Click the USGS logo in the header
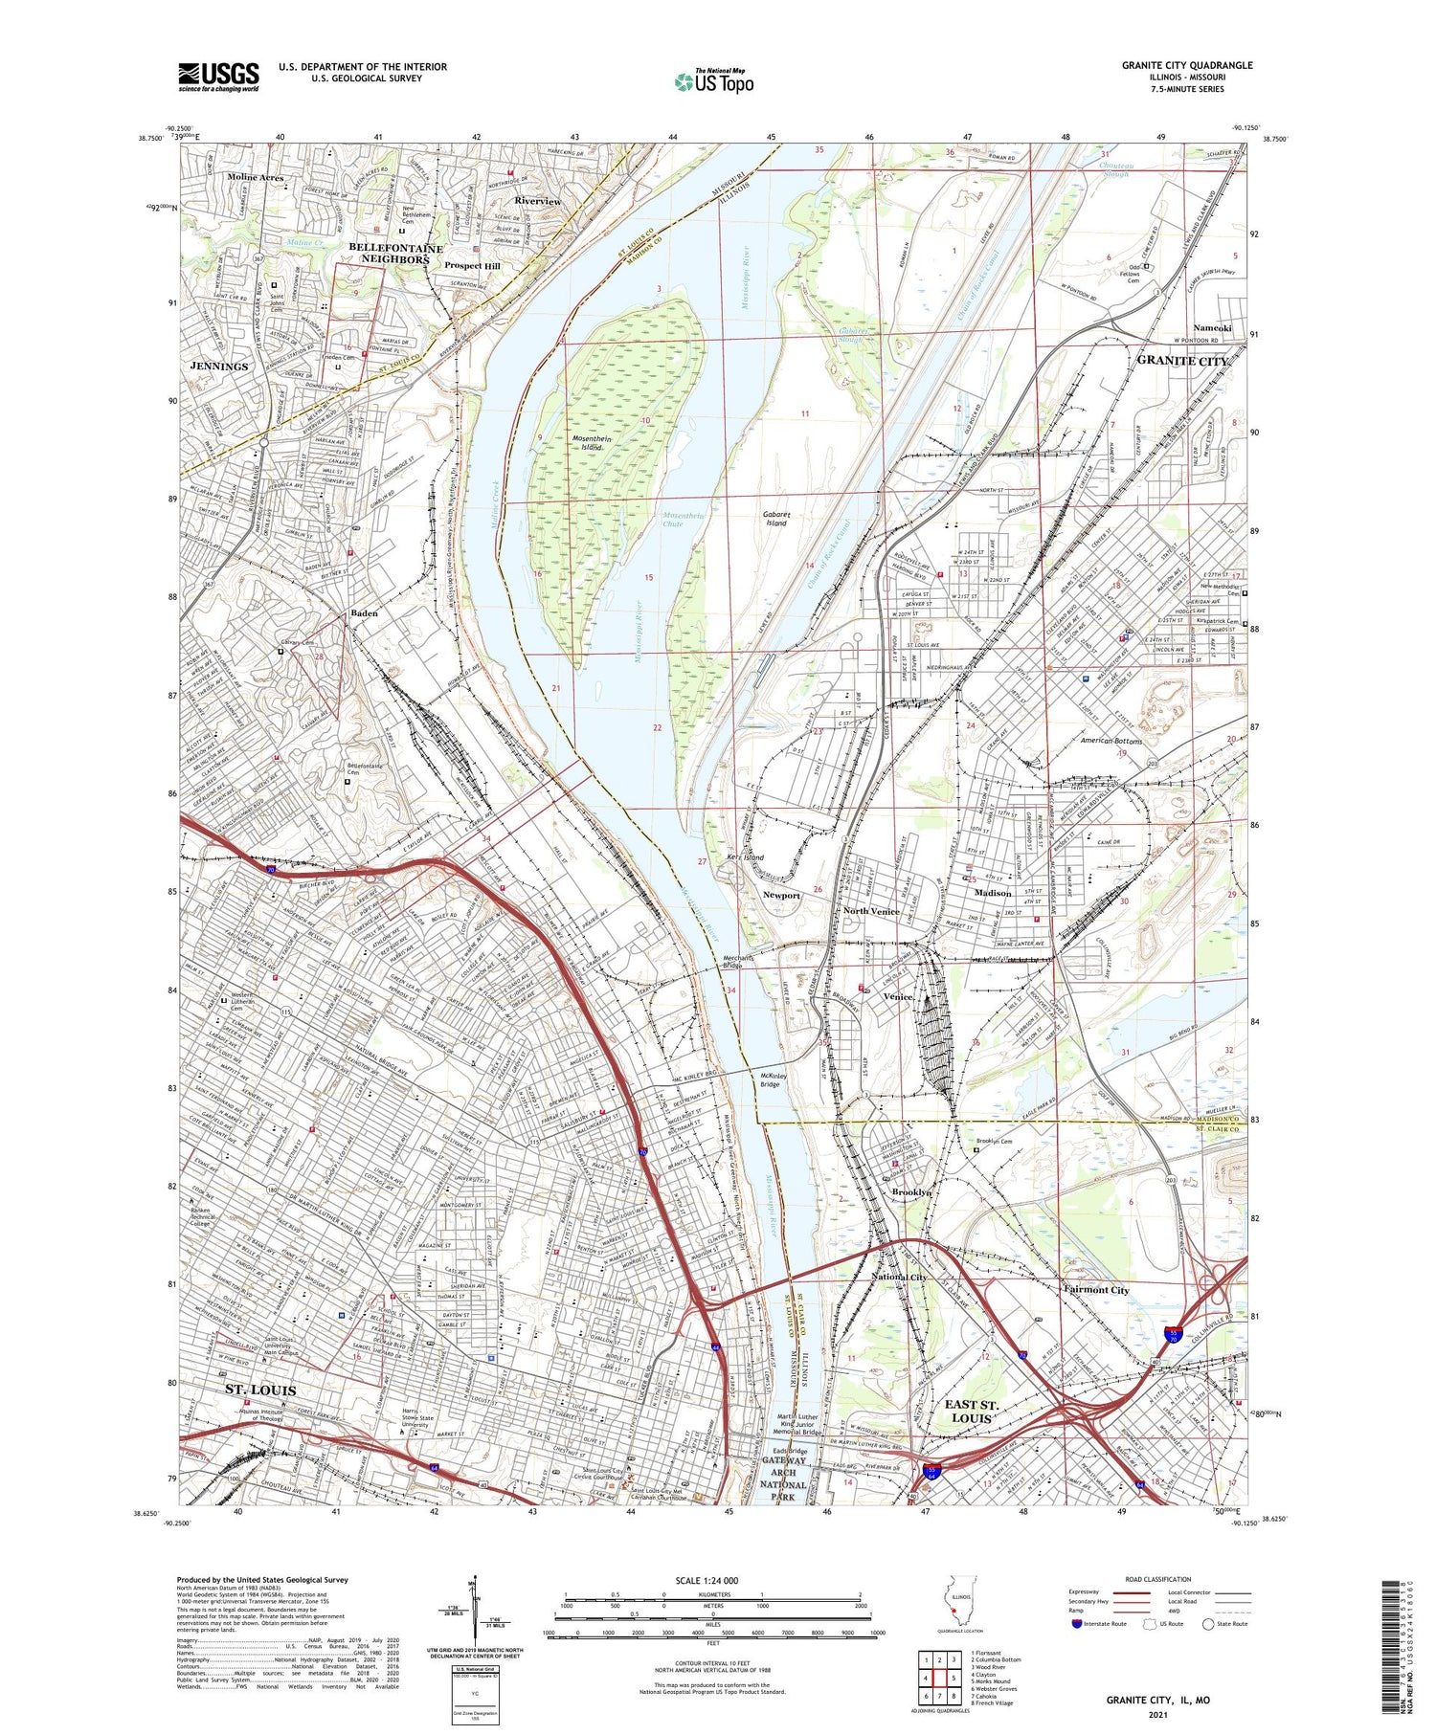(218, 77)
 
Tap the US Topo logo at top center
(714, 81)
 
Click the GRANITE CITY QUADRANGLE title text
(1186, 65)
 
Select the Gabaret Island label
(774, 519)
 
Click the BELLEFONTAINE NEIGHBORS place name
(395, 254)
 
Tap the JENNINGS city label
(219, 367)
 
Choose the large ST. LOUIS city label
(260, 1389)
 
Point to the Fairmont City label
(1096, 1290)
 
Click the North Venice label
(869, 911)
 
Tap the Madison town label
(992, 893)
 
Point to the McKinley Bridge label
(770, 1080)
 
